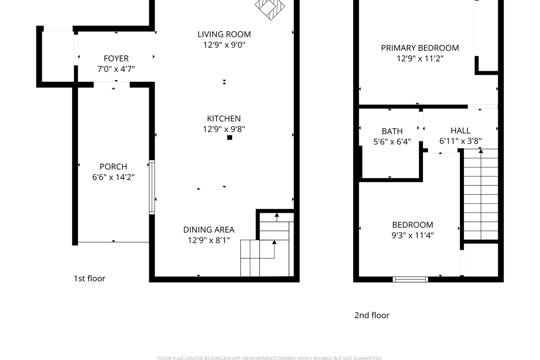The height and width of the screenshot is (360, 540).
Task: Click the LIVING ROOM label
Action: (224, 34)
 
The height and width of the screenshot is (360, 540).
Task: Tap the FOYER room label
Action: (116, 58)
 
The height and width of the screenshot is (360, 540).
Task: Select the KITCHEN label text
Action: (224, 119)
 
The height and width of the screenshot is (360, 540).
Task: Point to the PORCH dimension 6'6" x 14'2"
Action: (113, 177)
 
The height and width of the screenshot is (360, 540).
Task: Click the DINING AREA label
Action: (209, 230)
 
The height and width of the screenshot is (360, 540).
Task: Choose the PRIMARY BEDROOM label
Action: (420, 48)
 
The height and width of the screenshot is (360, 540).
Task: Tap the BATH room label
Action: (392, 131)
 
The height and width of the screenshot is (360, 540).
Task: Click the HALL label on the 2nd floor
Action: (460, 131)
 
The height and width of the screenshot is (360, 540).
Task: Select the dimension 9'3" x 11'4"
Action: (413, 235)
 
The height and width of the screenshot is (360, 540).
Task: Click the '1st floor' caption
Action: (90, 279)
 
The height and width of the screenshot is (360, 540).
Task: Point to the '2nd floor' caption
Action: (372, 315)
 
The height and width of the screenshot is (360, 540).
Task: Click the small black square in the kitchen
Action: (229, 138)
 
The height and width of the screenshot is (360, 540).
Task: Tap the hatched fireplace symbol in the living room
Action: (270, 8)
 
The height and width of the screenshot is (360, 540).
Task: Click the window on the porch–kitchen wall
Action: (152, 187)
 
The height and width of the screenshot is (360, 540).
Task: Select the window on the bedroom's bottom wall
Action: (410, 279)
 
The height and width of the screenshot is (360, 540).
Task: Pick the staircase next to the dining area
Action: (268, 250)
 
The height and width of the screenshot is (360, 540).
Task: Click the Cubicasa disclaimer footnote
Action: (270, 358)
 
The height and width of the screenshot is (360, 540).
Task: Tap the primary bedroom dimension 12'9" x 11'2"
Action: (420, 58)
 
